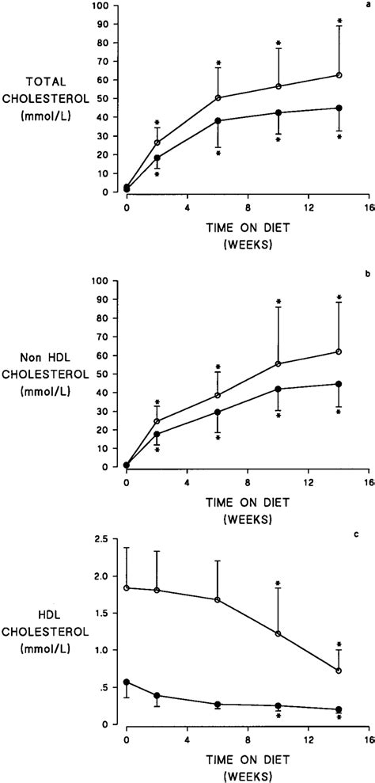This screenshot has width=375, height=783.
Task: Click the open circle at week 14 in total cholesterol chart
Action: click(x=339, y=75)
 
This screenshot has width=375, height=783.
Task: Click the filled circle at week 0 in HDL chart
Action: click(x=127, y=682)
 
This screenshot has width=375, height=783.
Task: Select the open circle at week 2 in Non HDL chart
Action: click(x=157, y=421)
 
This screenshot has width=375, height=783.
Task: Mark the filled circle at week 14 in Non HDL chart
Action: click(x=339, y=384)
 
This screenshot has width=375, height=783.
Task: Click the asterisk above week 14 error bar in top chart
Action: click(x=339, y=21)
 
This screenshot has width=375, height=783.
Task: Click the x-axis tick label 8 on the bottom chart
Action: click(x=248, y=739)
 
